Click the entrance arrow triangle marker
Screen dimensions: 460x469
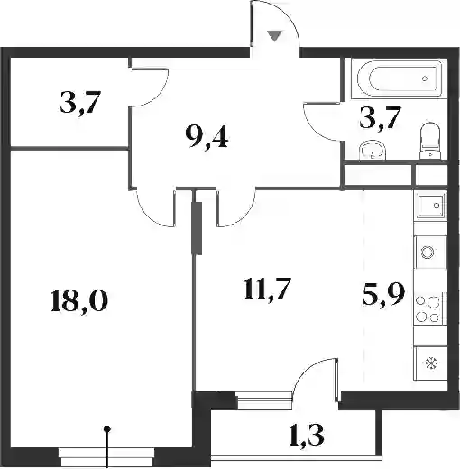click(275, 36)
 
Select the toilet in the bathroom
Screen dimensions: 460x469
click(430, 141)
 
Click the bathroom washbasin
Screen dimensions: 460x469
click(373, 150)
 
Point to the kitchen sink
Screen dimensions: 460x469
click(430, 206)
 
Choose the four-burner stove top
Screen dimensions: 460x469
click(428, 308)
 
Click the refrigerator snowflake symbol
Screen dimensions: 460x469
click(432, 363)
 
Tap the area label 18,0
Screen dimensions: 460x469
click(79, 301)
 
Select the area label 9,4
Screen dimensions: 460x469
click(207, 139)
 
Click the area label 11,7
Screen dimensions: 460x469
click(267, 290)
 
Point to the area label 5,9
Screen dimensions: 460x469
click(384, 295)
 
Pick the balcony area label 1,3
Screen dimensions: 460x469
click(307, 436)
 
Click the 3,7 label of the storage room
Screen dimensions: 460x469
click(79, 103)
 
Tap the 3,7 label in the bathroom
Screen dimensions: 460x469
click(381, 118)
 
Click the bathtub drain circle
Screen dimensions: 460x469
click(425, 78)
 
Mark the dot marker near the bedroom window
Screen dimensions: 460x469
click(107, 428)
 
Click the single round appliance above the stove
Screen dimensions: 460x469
click(428, 252)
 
